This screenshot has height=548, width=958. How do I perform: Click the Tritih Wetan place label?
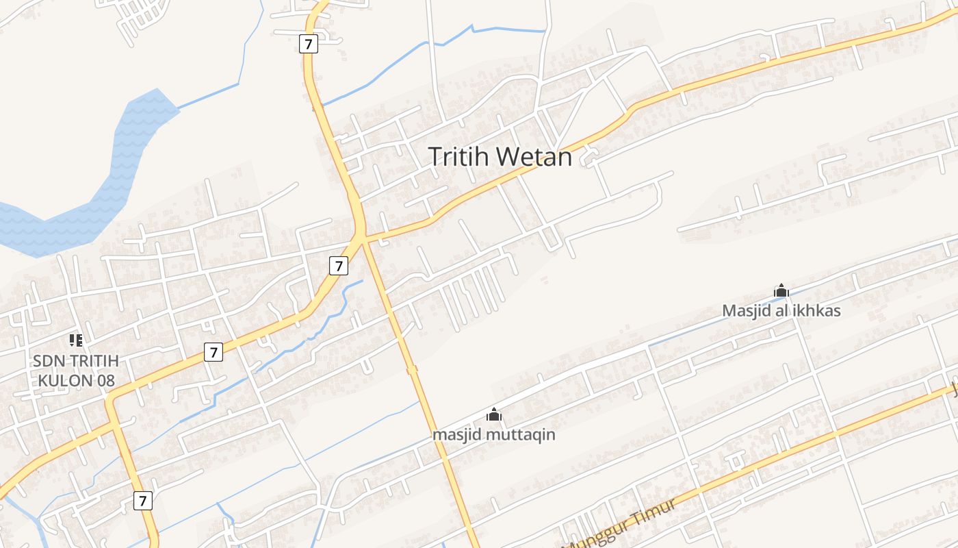tap(500, 157)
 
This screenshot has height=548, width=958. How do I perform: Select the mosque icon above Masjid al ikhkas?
tap(781, 291)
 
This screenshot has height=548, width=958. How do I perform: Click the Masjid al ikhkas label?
tap(781, 311)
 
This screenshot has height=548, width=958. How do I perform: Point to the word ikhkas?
tap(816, 311)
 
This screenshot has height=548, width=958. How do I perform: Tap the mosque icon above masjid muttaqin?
tap(493, 414)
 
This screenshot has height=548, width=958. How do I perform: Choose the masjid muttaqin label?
tap(493, 435)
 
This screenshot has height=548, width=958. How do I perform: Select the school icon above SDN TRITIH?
tap(75, 340)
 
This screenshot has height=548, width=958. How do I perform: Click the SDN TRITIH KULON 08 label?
tap(75, 371)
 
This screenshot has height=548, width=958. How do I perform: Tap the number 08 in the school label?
tap(105, 381)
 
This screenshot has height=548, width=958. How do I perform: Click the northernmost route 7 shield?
tap(309, 45)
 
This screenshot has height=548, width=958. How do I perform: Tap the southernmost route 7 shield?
tap(142, 501)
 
